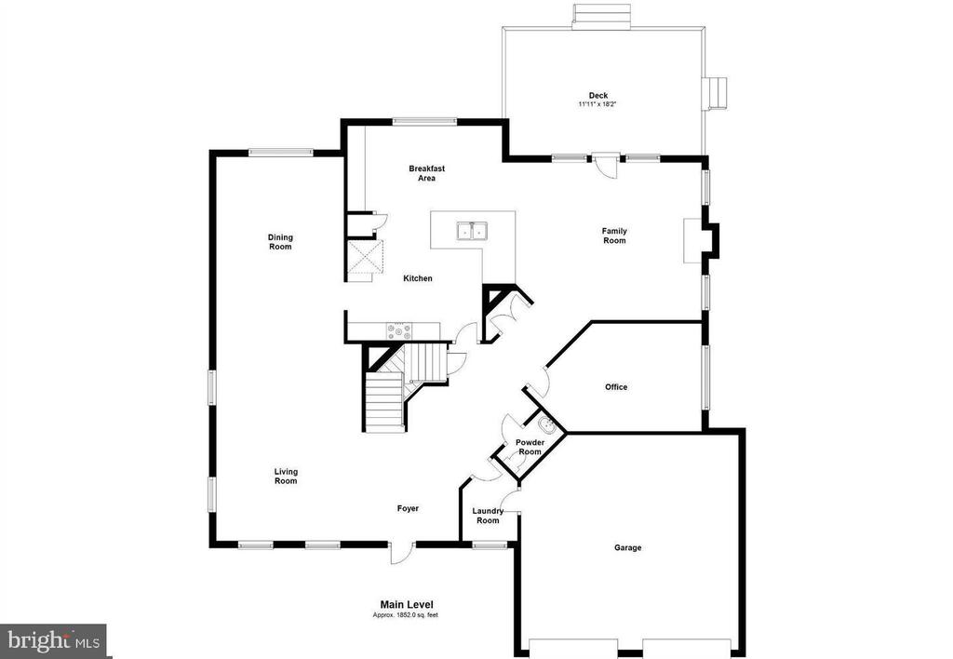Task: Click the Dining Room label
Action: pos(280,242)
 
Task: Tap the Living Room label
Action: pos(286,476)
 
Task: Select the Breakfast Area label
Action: pos(426,173)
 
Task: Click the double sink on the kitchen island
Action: pos(472,231)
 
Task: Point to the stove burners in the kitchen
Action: pos(398,330)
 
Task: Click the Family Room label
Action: pos(614,235)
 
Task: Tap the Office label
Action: pos(616,386)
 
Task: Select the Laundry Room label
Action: pos(488,516)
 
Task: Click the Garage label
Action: pos(628,547)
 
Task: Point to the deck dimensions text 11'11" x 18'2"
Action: pos(598,104)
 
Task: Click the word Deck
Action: pos(598,96)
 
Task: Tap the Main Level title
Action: pos(407,604)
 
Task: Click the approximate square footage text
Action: pos(406,615)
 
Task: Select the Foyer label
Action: pos(408,508)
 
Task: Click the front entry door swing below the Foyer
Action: pos(401,553)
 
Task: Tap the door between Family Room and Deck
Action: pos(606,164)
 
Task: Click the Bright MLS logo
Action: pos(53,640)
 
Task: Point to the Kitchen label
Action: pos(418,278)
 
